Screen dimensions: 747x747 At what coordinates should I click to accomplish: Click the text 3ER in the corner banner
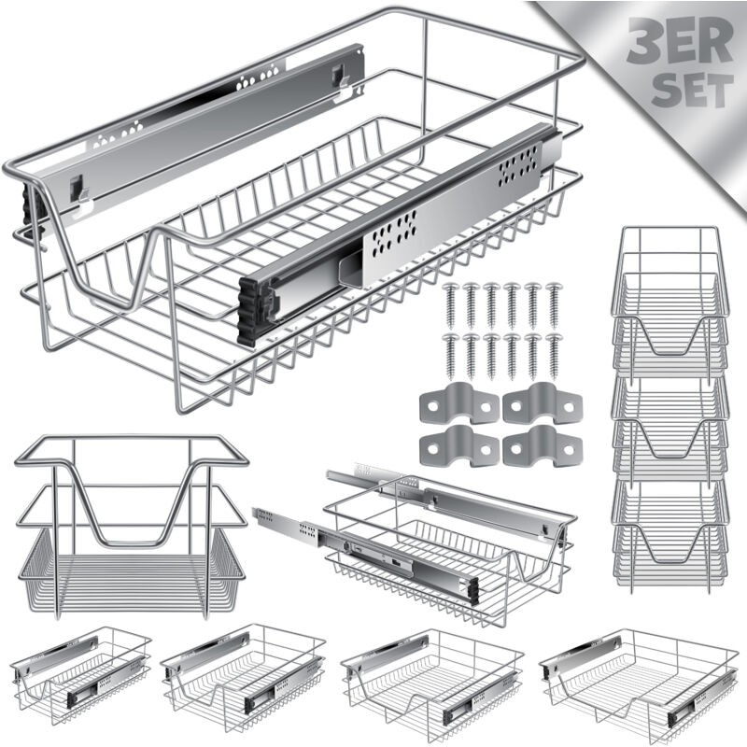[680, 40]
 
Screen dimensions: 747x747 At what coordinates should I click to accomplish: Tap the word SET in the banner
[692, 89]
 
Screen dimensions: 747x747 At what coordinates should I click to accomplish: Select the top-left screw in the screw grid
[450, 306]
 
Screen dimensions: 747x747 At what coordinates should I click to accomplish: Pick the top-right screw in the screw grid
[554, 306]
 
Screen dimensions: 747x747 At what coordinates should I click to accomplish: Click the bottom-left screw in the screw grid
[450, 356]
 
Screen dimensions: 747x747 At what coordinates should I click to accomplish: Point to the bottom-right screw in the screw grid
[554, 356]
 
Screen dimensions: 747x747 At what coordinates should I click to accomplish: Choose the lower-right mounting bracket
[543, 446]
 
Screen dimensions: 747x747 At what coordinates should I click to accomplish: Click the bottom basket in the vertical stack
[669, 536]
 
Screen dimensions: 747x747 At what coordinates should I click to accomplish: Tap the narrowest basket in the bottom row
[80, 675]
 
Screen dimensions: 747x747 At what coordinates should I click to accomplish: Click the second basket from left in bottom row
[243, 678]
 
